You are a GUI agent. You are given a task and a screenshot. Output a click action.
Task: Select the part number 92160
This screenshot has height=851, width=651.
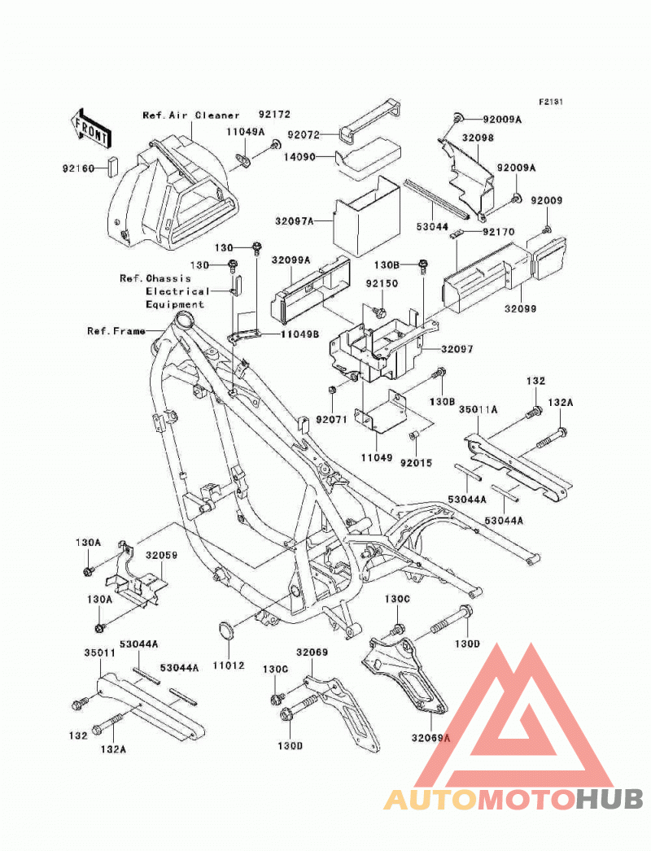(x=79, y=168)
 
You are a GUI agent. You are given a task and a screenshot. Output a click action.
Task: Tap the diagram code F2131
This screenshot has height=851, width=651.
(x=551, y=102)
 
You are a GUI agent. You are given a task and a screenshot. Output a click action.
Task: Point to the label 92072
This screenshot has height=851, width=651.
(x=304, y=134)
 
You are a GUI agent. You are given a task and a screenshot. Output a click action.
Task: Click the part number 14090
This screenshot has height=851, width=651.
(x=299, y=157)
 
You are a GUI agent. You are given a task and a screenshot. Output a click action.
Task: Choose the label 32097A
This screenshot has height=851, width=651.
(x=295, y=221)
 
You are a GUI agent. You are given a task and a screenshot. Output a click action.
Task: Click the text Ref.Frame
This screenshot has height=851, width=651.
(x=116, y=330)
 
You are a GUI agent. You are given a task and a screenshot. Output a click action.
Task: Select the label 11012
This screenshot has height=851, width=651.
(x=228, y=666)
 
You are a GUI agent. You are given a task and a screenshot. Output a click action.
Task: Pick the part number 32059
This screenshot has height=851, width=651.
(x=161, y=555)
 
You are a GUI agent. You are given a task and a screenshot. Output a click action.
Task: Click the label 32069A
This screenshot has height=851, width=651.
(x=431, y=738)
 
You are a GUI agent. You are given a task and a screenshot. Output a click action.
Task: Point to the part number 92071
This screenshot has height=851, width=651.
(x=331, y=420)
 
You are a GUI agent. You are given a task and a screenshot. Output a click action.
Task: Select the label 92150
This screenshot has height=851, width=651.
(x=382, y=283)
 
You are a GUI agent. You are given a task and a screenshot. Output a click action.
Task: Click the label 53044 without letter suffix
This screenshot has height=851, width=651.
(x=432, y=227)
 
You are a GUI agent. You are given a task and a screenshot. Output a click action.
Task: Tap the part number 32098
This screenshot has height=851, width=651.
(x=478, y=137)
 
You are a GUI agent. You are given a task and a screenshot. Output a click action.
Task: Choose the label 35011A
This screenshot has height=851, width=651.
(x=478, y=409)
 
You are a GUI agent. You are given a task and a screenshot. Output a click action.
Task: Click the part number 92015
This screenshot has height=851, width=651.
(x=416, y=463)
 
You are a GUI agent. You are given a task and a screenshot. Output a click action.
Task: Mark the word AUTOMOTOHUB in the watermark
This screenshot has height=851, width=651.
(x=513, y=799)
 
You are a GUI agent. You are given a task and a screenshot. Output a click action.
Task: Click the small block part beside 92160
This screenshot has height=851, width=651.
(x=111, y=167)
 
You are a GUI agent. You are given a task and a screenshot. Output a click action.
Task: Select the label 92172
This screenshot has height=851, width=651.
(x=274, y=115)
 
